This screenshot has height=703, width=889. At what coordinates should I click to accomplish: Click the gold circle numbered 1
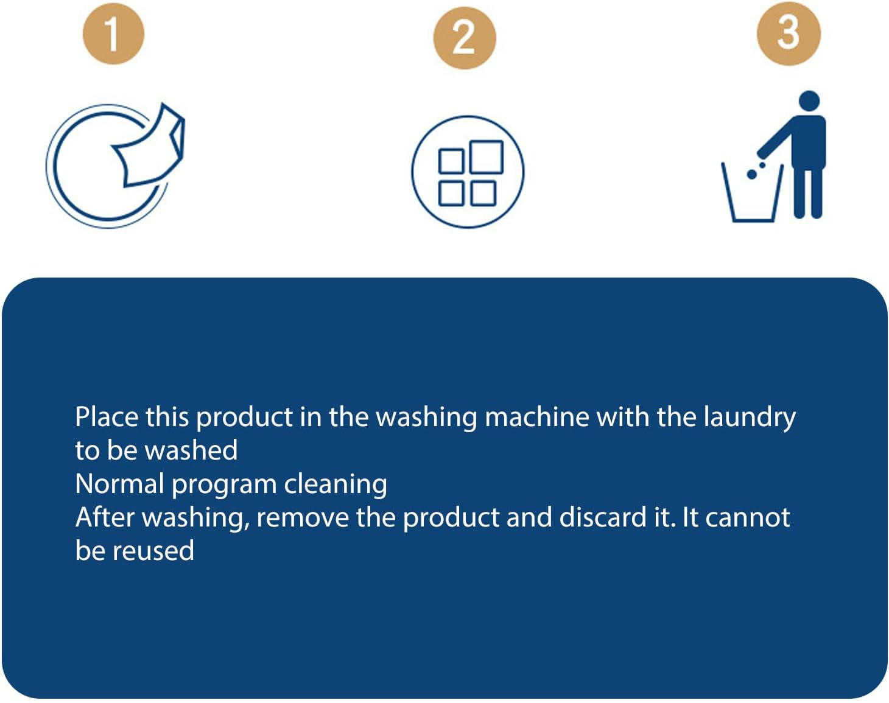[x=113, y=33]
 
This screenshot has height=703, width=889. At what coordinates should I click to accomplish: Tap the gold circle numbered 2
[x=464, y=38]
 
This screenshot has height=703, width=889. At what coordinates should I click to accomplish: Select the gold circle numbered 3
[x=788, y=33]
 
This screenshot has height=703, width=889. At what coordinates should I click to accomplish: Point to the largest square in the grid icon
[x=487, y=157]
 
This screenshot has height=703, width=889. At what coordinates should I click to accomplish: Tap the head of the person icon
[x=809, y=102]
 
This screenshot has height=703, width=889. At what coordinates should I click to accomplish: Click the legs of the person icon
[x=808, y=192]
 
